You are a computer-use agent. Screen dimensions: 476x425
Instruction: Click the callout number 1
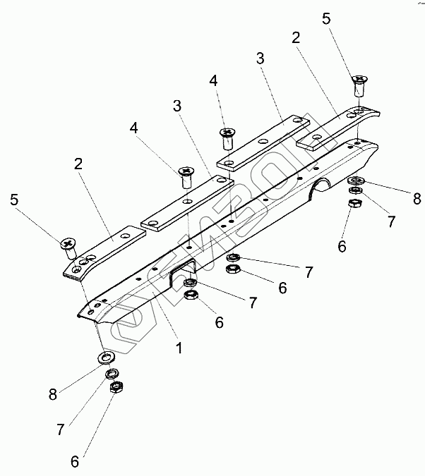click(179, 348)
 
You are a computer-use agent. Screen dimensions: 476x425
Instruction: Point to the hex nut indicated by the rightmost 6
click(355, 203)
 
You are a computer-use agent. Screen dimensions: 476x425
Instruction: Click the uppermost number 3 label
click(261, 59)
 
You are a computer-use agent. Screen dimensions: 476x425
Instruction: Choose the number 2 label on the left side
click(78, 164)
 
